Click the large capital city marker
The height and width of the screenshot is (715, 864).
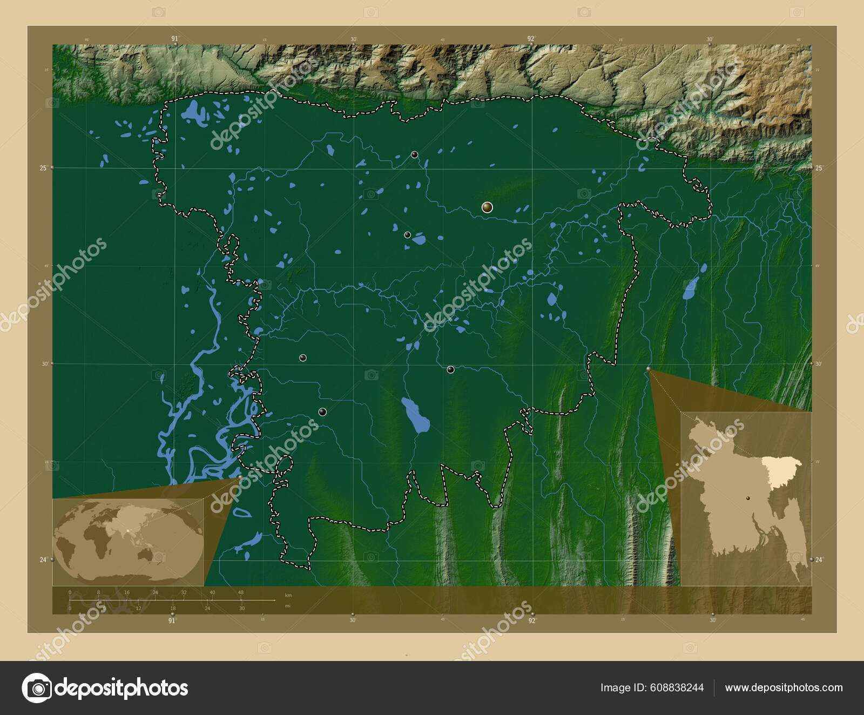tap(487, 207)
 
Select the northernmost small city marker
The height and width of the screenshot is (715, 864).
tap(414, 154)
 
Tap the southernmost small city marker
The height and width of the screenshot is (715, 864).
tap(322, 412)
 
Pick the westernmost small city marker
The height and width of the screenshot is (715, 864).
tap(303, 357)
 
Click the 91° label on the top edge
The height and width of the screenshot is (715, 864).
tap(174, 38)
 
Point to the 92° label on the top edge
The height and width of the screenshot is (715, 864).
tap(531, 38)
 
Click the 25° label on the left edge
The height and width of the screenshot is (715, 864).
tap(43, 168)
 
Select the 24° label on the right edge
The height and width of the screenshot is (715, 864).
tap(819, 559)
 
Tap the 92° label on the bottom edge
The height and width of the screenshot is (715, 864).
tap(532, 620)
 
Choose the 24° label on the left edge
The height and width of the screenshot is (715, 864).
tap(43, 559)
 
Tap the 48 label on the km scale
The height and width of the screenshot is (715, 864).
tap(241, 592)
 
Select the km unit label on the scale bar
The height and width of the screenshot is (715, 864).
tap(288, 595)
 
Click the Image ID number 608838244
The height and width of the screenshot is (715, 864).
tap(678, 687)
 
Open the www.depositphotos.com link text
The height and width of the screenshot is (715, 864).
tap(784, 687)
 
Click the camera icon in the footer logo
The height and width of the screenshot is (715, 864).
tap(37, 687)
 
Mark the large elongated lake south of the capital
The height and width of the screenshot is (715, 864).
tap(416, 415)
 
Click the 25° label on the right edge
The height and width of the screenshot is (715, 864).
tap(819, 168)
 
